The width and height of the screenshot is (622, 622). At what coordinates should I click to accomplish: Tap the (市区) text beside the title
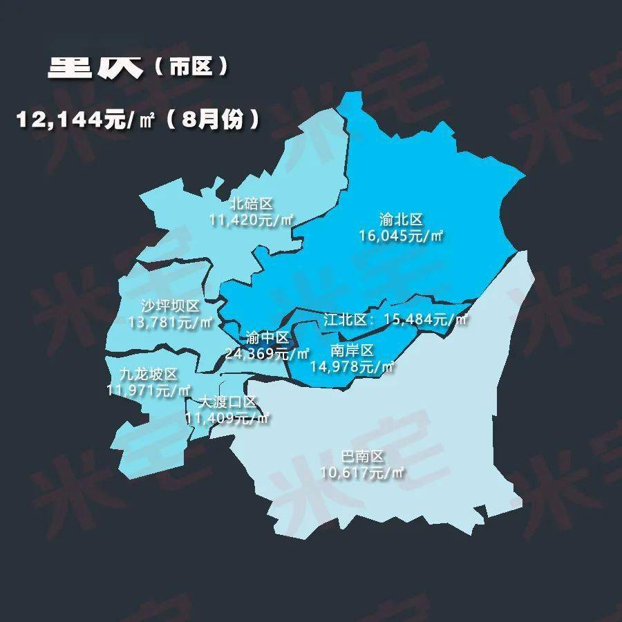(190, 67)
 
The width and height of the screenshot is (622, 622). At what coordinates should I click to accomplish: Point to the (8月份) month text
(214, 120)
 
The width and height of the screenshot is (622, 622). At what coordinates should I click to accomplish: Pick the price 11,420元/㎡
(252, 220)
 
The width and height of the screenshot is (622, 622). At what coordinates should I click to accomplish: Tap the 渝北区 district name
(401, 220)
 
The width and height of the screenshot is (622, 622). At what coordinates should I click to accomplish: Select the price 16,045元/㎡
(401, 236)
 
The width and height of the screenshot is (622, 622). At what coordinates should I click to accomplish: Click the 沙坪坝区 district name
(169, 306)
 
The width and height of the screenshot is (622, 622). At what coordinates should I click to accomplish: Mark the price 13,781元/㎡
(170, 322)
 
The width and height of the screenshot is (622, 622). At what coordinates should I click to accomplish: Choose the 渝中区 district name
(267, 338)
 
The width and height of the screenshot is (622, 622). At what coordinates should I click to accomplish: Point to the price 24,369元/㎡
(267, 354)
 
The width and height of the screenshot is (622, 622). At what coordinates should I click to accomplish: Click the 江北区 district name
(348, 320)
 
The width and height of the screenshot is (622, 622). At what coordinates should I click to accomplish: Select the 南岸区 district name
(352, 350)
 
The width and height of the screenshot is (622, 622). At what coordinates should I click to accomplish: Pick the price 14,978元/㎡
(352, 367)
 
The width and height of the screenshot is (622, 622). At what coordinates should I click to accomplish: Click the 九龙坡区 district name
(149, 374)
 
